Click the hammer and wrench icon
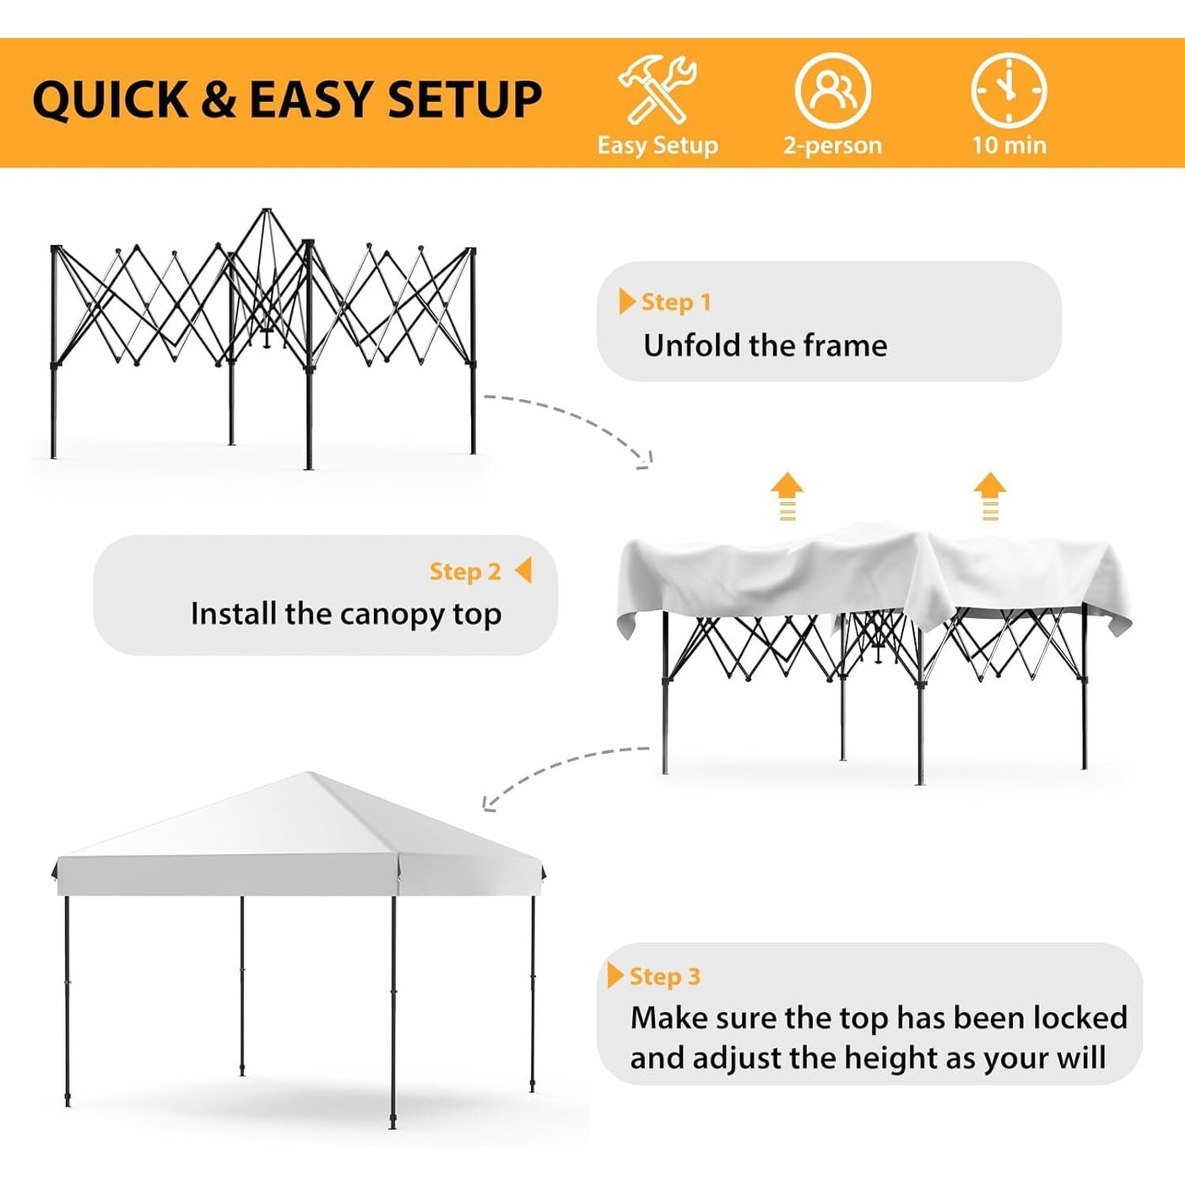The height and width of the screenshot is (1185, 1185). (657, 89)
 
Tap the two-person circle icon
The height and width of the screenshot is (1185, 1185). (833, 90)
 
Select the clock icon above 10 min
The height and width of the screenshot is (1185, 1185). (1009, 90)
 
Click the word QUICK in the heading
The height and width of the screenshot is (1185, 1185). (110, 100)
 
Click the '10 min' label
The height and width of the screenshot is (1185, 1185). (1009, 145)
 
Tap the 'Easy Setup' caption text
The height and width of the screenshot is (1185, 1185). (657, 146)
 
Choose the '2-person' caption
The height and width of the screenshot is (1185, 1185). (833, 146)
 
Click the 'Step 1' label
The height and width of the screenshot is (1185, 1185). (676, 302)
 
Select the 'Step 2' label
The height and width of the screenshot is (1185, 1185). (465, 571)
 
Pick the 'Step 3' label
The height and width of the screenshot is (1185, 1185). (665, 976)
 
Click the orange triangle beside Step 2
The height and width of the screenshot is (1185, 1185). (523, 570)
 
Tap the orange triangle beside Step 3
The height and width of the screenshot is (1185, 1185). (615, 975)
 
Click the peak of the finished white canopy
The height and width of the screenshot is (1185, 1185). (311, 774)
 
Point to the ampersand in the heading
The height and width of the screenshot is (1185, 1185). (219, 100)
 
